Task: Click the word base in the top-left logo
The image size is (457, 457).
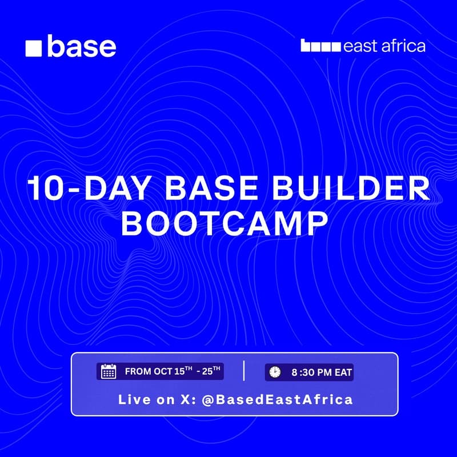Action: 81,46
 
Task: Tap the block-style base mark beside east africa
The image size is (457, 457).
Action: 320,46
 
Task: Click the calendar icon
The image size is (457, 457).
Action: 109,372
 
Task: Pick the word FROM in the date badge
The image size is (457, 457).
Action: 138,372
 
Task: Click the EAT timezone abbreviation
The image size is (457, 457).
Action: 343,372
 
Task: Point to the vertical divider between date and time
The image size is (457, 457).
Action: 244,371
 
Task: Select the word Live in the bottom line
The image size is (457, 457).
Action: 132,399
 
